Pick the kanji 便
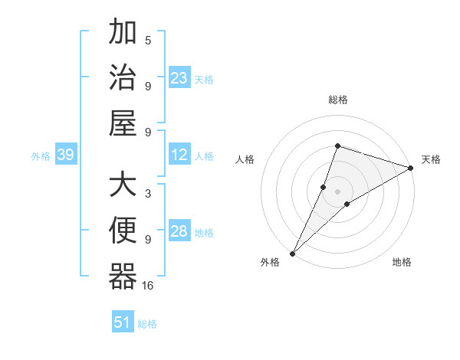(x=123, y=232)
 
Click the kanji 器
(x=123, y=277)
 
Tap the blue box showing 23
(x=179, y=77)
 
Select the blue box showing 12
(x=179, y=155)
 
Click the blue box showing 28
(x=179, y=232)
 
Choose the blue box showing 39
(x=65, y=155)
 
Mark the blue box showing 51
(x=122, y=322)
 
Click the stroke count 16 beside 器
(x=148, y=285)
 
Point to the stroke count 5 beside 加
(x=148, y=41)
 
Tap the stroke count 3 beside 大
(x=148, y=195)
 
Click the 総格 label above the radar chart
(x=338, y=100)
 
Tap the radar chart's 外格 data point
(x=292, y=253)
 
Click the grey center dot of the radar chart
(x=338, y=191)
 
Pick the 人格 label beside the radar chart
(x=245, y=159)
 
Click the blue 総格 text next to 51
(x=147, y=324)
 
